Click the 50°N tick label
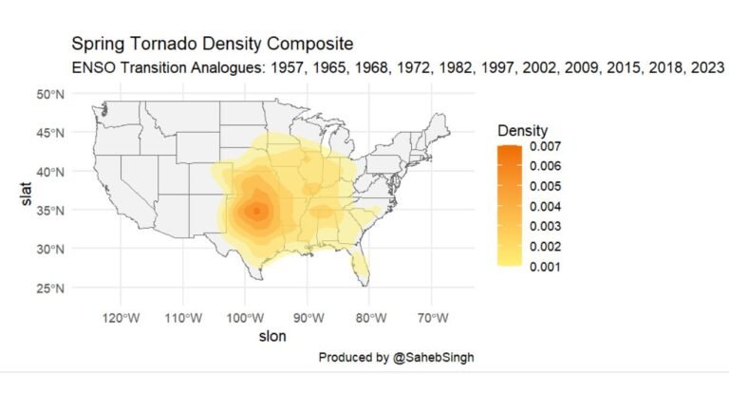click(x=50, y=94)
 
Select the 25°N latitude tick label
click(x=50, y=288)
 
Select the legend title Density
click(x=522, y=129)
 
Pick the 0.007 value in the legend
click(x=546, y=147)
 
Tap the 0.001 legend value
click(x=546, y=267)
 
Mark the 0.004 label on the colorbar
click(x=546, y=207)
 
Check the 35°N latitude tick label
click(x=50, y=210)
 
